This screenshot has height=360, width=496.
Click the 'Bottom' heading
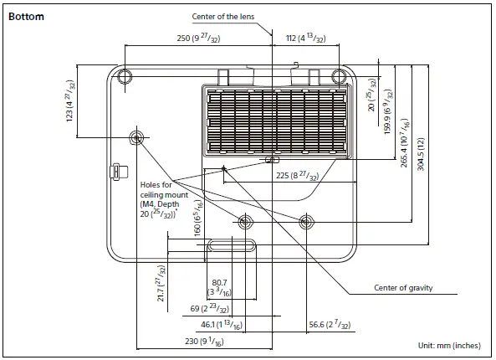(26, 16)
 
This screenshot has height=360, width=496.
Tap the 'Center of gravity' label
(402, 289)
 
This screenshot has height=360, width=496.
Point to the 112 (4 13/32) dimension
(305, 39)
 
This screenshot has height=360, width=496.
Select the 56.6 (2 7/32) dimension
(329, 324)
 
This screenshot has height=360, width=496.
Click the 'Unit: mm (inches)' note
(449, 345)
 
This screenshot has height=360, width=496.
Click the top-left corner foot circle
(125, 77)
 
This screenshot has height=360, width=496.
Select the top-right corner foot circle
(338, 77)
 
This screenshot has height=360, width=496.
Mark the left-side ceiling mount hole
(136, 137)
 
